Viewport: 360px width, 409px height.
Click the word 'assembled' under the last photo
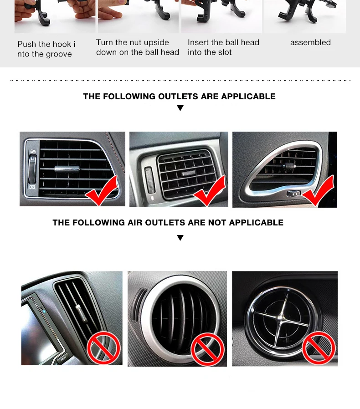click(310, 42)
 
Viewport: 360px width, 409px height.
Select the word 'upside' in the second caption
click(156, 42)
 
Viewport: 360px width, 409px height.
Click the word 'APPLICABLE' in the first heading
click(248, 97)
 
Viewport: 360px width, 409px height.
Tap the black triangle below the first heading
click(180, 108)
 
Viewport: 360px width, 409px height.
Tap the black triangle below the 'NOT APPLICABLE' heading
click(180, 238)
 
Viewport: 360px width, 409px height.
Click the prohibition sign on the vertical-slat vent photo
click(103, 348)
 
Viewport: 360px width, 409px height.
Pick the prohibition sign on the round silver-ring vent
click(207, 349)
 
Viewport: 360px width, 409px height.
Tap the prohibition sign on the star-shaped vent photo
click(319, 348)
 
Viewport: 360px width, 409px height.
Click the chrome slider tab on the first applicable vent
click(67, 169)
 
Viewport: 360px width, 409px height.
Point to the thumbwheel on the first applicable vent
click(32, 169)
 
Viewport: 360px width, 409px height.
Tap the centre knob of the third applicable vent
click(288, 166)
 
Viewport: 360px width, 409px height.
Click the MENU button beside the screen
click(63, 358)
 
